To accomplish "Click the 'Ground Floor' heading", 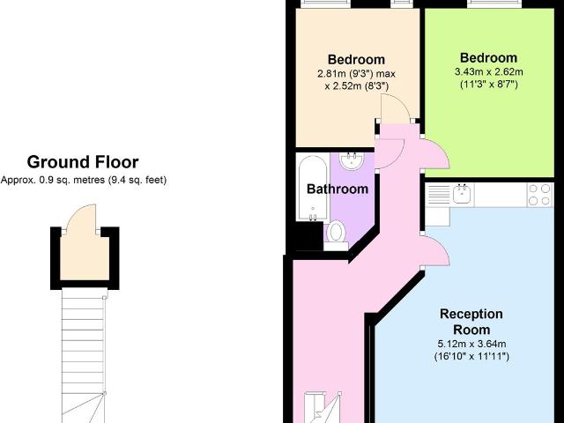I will [x=82, y=161].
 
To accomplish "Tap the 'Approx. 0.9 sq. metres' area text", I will [x=83, y=180].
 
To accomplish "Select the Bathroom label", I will [x=337, y=189].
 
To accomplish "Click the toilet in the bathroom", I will [x=337, y=232].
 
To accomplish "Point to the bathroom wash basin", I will [x=352, y=160].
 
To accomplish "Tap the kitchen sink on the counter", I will [x=463, y=193].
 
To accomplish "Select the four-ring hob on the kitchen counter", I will [x=538, y=194].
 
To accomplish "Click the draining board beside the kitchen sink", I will [x=437, y=194].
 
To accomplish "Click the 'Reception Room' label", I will [x=471, y=321].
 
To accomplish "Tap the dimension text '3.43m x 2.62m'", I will [x=487, y=71].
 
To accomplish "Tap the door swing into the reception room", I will [x=438, y=250].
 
